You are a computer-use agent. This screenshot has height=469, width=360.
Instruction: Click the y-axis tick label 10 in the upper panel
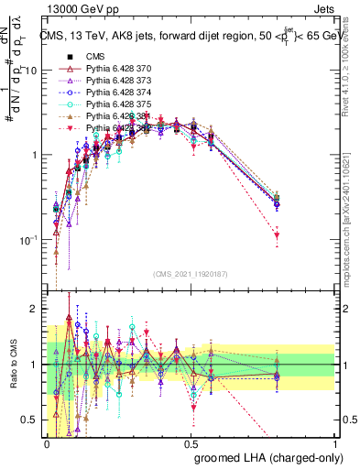tap(30, 71)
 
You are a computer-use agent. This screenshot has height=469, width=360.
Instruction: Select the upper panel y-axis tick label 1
tap(34, 155)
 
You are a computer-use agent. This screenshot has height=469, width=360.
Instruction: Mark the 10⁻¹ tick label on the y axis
tap(28, 240)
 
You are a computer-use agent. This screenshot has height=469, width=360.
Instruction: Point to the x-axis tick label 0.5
tap(191, 442)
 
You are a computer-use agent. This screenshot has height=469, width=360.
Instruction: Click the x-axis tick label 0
tap(47, 442)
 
